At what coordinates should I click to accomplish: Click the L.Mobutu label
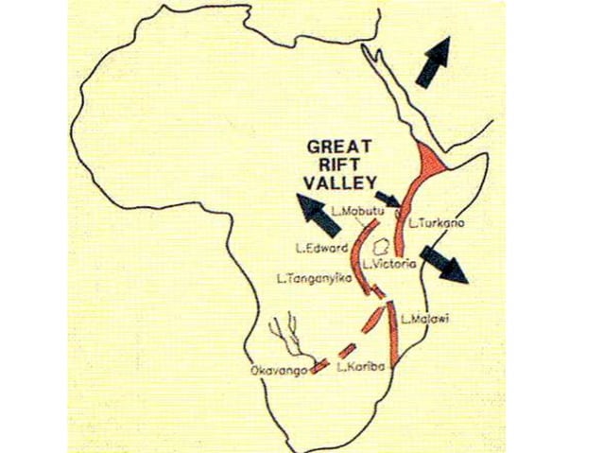pos(359,208)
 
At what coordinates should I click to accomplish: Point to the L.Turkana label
pos(438,224)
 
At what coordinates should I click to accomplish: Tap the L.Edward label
pos(319,248)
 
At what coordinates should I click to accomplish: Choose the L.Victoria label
pos(390,264)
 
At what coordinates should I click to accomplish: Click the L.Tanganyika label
pos(309,278)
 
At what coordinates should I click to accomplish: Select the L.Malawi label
pos(424,318)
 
